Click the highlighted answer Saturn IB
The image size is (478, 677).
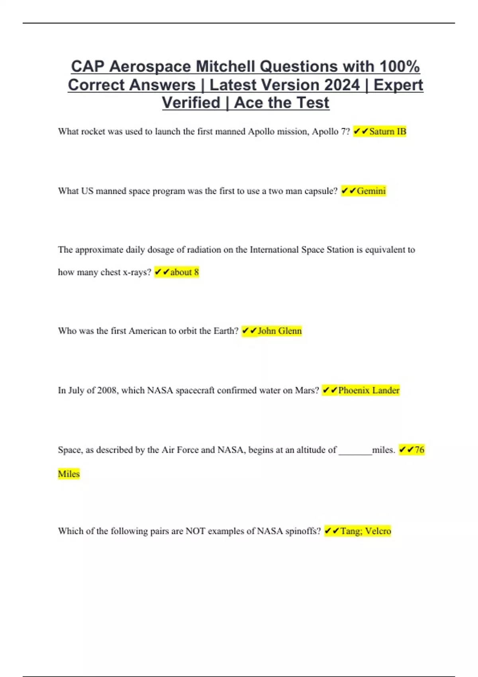click(388, 131)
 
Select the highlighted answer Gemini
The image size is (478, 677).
click(371, 191)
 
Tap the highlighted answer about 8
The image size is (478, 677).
click(184, 272)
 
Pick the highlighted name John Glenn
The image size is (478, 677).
click(280, 331)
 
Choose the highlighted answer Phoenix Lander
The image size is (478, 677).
click(368, 390)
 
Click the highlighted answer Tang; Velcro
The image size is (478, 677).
click(366, 531)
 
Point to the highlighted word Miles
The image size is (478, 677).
click(69, 474)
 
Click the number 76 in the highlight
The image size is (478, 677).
click(419, 450)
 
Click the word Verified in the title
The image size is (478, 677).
click(191, 103)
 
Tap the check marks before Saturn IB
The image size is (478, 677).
click(361, 131)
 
